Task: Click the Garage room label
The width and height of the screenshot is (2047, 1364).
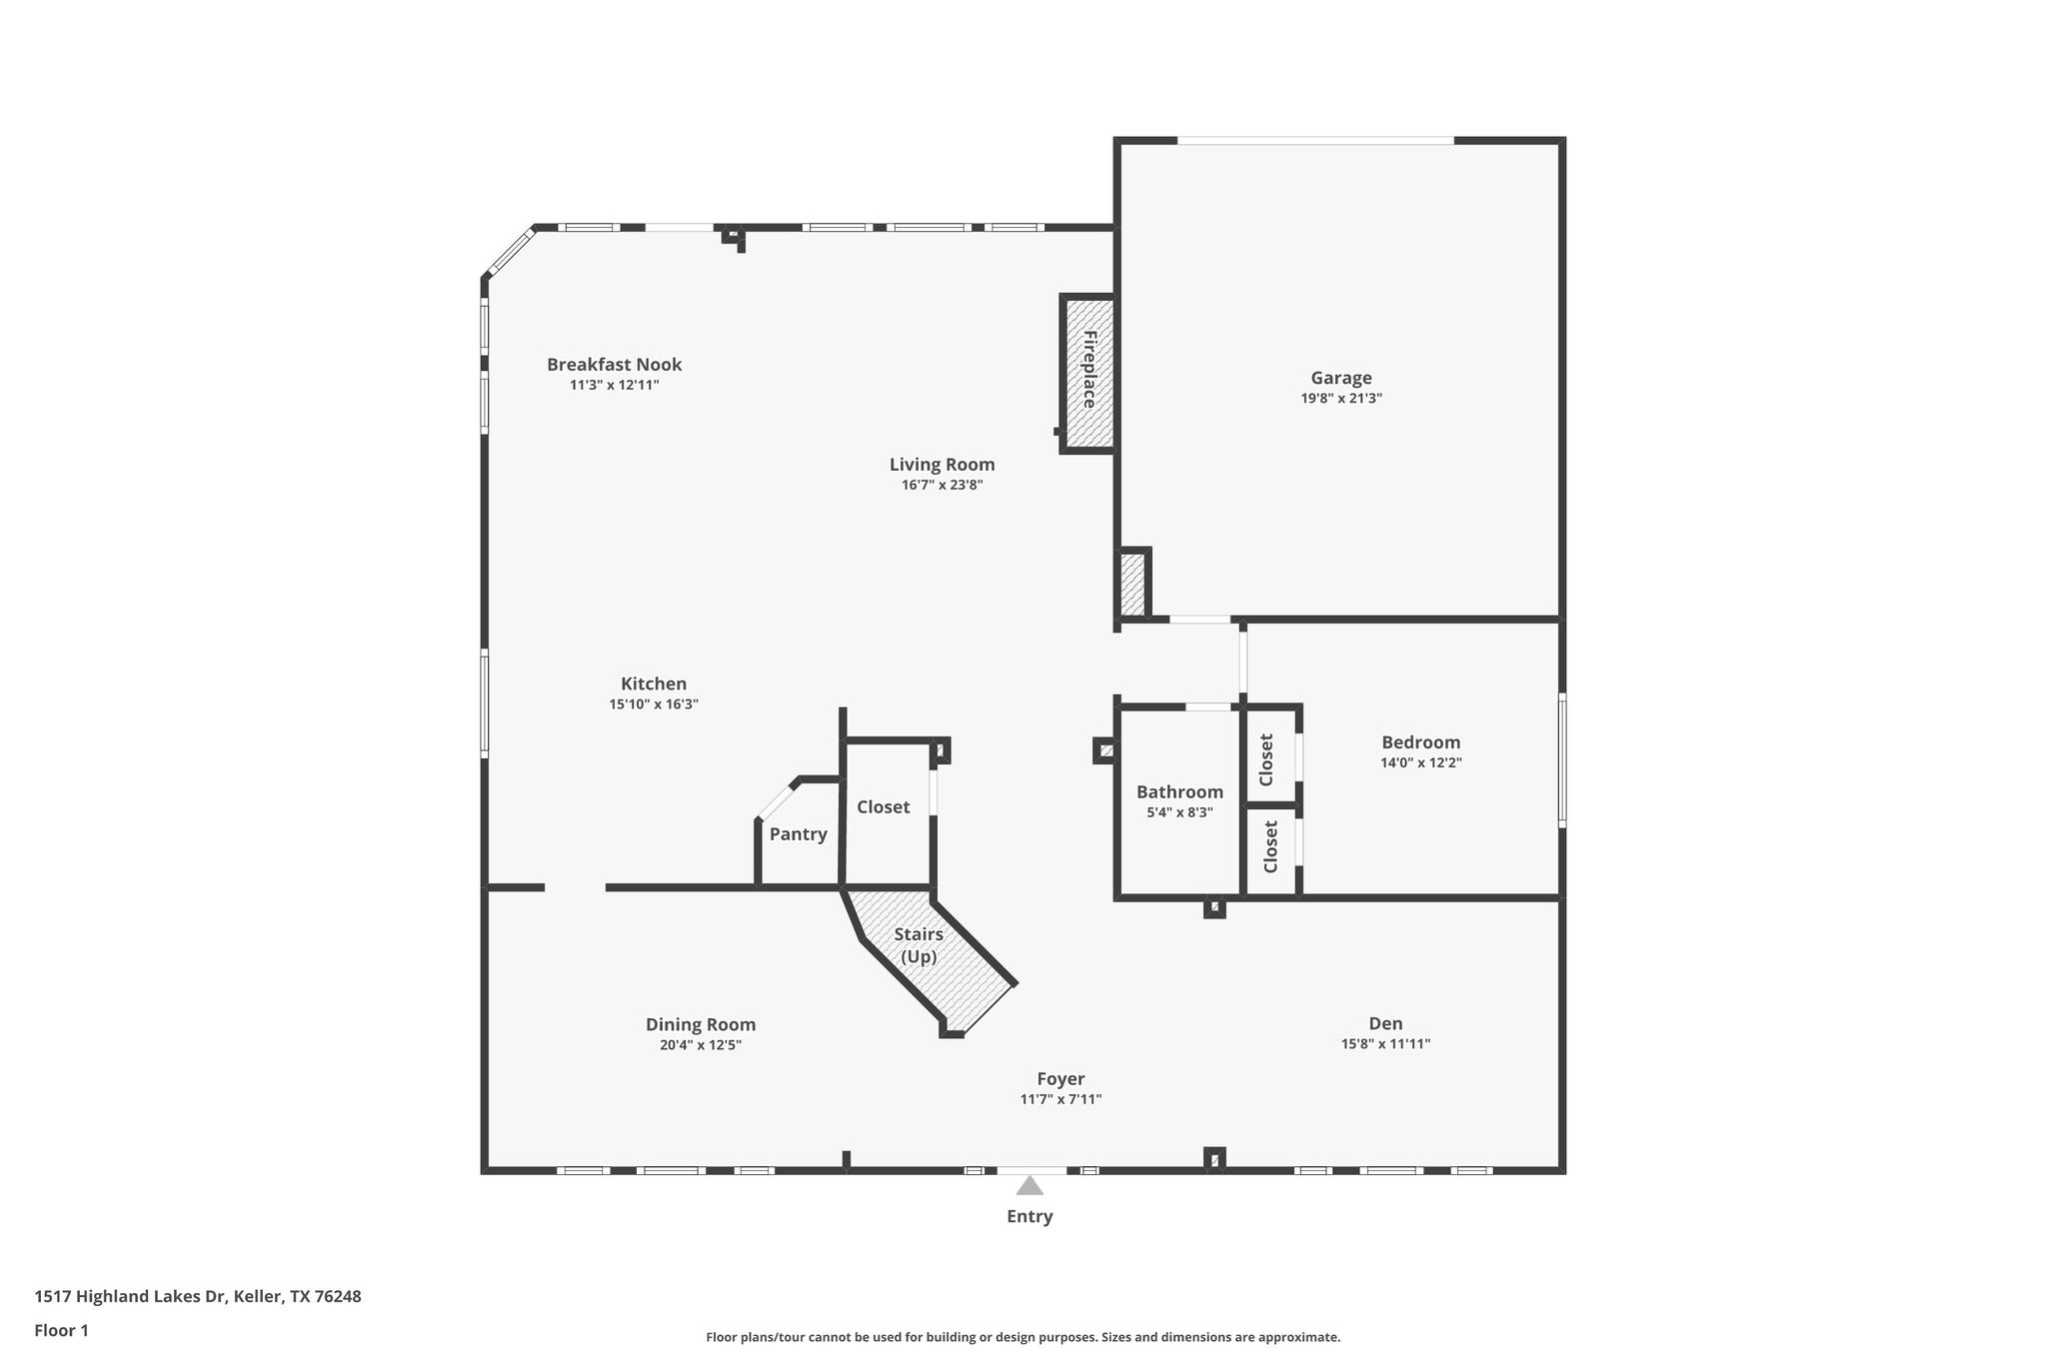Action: click(1340, 378)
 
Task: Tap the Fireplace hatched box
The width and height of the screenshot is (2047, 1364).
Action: click(1088, 372)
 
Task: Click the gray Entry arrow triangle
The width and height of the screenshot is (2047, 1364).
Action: click(1029, 1186)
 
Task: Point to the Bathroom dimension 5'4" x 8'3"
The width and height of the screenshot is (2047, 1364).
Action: click(1179, 812)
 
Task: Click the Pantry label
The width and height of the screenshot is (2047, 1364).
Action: click(798, 834)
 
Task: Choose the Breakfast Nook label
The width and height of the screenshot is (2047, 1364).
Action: click(614, 365)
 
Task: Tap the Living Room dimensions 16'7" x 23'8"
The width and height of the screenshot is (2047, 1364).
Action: click(942, 486)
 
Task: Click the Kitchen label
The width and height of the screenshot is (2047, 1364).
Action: click(654, 683)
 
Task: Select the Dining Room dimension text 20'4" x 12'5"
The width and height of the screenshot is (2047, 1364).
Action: click(700, 1045)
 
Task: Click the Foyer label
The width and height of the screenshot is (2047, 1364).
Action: click(1060, 1079)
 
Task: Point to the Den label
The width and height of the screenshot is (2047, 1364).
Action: click(1385, 1023)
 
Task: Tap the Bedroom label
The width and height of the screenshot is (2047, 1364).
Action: click(1420, 742)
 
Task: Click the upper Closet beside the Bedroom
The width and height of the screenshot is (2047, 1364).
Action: click(1267, 759)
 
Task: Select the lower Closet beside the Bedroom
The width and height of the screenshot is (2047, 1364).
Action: click(1270, 846)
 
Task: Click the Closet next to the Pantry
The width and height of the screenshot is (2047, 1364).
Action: click(884, 807)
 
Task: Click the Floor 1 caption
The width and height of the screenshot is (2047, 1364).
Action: click(62, 1331)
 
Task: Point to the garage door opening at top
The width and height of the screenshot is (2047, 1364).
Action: click(1315, 141)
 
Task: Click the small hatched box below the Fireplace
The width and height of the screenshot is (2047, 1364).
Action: click(1131, 585)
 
